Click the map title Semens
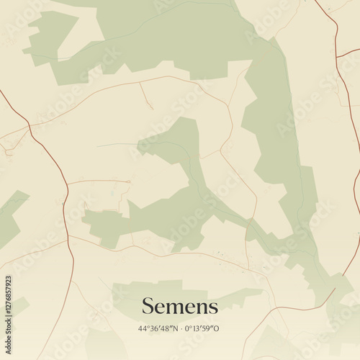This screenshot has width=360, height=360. click(179, 307)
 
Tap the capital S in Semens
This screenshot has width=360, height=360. click(147, 307)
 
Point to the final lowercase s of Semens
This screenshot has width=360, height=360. click(213, 308)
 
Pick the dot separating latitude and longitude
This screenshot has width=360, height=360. click(180, 328)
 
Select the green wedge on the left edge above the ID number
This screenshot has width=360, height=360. click(11, 212)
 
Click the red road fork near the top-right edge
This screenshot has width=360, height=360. click(337, 54)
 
